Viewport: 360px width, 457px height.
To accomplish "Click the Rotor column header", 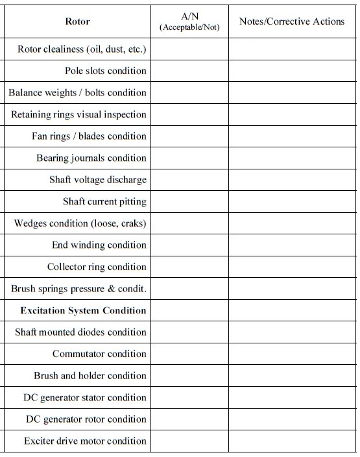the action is (77, 21).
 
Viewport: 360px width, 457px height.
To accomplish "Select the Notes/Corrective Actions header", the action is (292, 21).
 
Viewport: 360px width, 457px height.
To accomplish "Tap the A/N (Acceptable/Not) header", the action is (189, 21).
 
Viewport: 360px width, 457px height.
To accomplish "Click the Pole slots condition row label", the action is (105, 71).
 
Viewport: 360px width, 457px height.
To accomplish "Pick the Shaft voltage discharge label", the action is (97, 180).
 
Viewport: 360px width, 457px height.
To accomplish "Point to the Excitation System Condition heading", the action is (83, 310).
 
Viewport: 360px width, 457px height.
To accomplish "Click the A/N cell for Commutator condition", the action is (189, 354).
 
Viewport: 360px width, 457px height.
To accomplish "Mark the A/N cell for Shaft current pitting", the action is (189, 201).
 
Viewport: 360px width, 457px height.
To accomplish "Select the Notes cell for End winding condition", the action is (292, 245).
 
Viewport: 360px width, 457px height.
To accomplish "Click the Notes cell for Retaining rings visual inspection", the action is (292, 114).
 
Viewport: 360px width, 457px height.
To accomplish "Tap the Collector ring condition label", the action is (97, 267).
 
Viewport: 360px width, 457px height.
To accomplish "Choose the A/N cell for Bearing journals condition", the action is (189, 158).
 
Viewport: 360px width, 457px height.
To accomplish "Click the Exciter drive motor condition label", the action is (85, 441).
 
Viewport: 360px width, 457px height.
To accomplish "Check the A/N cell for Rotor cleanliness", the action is (189, 49).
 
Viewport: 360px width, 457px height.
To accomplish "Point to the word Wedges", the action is (30, 223).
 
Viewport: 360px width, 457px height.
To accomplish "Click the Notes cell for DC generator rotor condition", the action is (292, 419).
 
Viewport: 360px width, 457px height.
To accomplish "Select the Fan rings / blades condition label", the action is (89, 136).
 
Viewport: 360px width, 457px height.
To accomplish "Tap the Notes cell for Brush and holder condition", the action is (292, 375).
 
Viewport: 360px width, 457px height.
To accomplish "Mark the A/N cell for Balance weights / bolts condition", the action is (189, 92).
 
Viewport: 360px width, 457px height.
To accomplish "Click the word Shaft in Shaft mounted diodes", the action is (26, 332).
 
